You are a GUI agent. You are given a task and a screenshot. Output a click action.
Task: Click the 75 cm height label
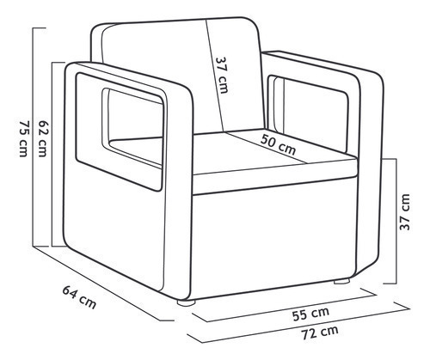pyautogui.click(x=23, y=138)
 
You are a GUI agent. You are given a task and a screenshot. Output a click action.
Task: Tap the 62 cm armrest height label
pyautogui.click(x=42, y=138)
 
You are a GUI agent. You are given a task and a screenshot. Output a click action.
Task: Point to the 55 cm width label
pyautogui.click(x=310, y=314)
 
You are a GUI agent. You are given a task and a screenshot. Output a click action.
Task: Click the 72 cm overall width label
pyautogui.click(x=320, y=333)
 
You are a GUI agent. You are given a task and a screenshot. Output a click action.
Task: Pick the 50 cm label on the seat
pyautogui.click(x=278, y=144)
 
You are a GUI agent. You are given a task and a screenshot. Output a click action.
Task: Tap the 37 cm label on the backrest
pyautogui.click(x=222, y=75)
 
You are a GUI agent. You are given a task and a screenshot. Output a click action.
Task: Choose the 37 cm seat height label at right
pyautogui.click(x=405, y=212)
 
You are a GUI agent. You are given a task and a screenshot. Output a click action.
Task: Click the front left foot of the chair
pyautogui.click(x=187, y=302)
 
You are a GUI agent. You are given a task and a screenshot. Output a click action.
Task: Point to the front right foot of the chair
pyautogui.click(x=341, y=281)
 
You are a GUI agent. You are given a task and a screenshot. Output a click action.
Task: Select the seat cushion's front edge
pyautogui.click(x=275, y=175)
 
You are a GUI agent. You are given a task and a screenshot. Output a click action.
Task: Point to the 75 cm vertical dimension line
pyautogui.click(x=34, y=137)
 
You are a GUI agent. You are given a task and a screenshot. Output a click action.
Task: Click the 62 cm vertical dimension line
pyautogui.click(x=52, y=154)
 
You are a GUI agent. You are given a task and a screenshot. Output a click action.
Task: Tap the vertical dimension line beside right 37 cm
pyautogui.click(x=396, y=221)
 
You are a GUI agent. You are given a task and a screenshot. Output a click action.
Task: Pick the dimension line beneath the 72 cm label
pyautogui.click(x=298, y=324)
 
